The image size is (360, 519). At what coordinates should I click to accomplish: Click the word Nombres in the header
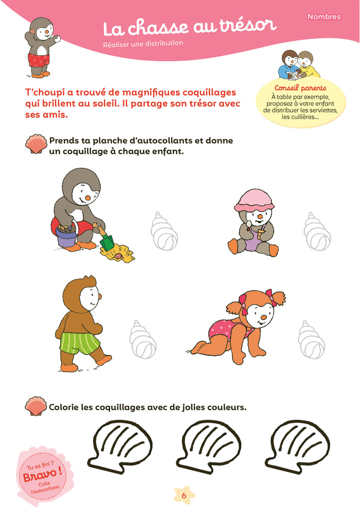tap(324, 16)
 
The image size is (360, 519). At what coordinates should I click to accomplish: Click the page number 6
tap(184, 495)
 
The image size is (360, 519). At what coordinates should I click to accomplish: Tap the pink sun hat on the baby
tap(254, 201)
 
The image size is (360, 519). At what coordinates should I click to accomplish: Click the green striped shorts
tap(79, 343)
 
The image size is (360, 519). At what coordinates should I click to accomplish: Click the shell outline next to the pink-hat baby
tap(317, 231)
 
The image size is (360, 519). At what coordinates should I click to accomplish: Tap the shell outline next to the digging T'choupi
tap(164, 231)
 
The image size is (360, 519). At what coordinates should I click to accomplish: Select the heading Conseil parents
tap(300, 88)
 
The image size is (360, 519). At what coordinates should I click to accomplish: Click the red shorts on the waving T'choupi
tap(39, 60)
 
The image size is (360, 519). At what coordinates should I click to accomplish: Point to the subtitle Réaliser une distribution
tap(143, 44)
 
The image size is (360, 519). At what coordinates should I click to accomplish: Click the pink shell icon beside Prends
tap(36, 144)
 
